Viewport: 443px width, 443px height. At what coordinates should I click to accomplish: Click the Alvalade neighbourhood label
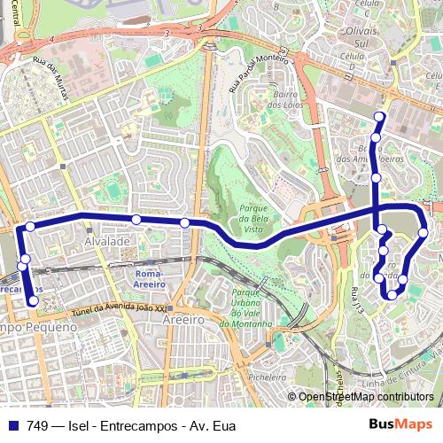pos(106,241)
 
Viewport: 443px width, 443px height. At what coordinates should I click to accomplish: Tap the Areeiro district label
pos(183,319)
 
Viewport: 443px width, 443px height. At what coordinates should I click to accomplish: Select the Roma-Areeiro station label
pos(150,279)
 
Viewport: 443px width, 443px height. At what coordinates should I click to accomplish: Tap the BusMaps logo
pos(400,425)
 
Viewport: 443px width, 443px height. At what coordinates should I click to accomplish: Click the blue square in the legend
pos(12,426)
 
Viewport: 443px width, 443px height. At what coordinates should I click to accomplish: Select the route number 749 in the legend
pos(37,426)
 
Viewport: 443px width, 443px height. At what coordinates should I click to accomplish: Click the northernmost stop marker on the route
pos(380,117)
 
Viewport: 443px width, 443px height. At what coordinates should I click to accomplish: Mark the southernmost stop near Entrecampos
pos(34,301)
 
